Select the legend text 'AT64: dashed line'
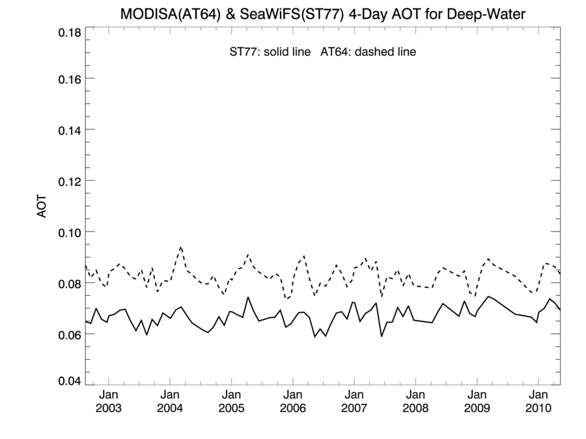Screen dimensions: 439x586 [x=368, y=52]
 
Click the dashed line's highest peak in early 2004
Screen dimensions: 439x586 [x=180, y=247]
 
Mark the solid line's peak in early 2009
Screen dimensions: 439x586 [x=487, y=297]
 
